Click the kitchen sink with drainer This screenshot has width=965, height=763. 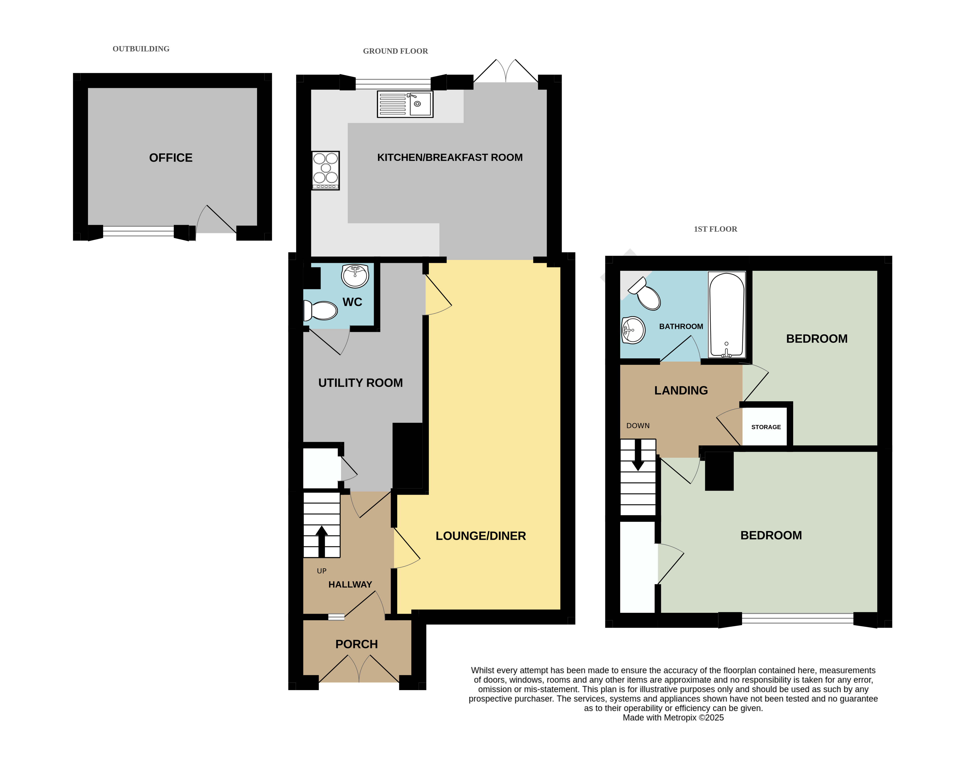point(405,104)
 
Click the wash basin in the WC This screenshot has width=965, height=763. point(355,276)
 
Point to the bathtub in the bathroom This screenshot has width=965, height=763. point(727,315)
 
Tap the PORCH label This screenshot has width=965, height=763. point(357,644)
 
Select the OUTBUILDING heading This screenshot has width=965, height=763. point(141,49)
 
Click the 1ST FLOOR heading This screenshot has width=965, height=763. point(715,229)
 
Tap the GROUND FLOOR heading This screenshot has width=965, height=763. point(395,51)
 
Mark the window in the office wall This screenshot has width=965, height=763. point(138,231)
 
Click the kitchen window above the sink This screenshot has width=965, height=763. point(393,83)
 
